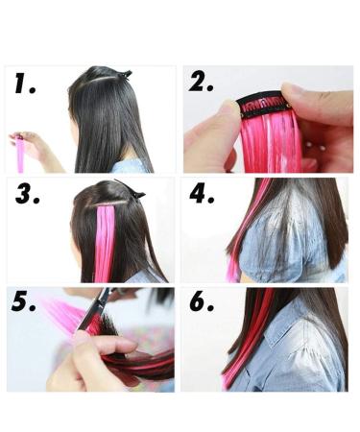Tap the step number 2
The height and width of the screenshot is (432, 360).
pyautogui.click(x=201, y=84)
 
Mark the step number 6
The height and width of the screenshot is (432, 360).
pyautogui.click(x=203, y=305)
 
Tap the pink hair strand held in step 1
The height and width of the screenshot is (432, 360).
pyautogui.click(x=20, y=154)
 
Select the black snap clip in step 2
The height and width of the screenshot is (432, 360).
pyautogui.click(x=262, y=102)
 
